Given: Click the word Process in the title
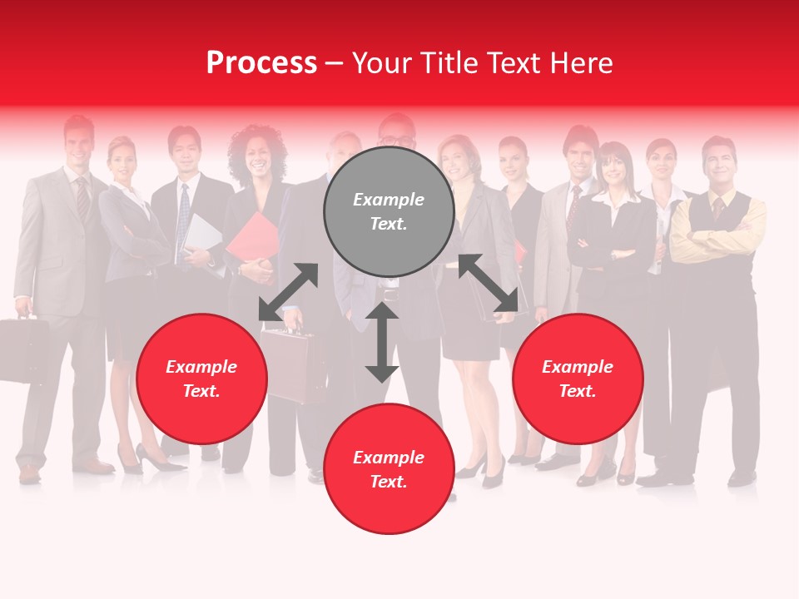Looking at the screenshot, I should pyautogui.click(x=261, y=63).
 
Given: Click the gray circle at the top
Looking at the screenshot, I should pyautogui.click(x=389, y=212).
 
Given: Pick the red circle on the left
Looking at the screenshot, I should pyautogui.click(x=201, y=379).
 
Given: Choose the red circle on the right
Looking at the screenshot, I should pyautogui.click(x=578, y=379).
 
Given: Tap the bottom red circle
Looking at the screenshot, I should pyautogui.click(x=389, y=469).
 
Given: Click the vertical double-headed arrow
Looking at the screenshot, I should pyautogui.click(x=382, y=342).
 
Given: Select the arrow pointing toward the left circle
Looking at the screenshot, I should pyautogui.click(x=288, y=291).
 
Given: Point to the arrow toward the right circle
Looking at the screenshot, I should pyautogui.click(x=489, y=283).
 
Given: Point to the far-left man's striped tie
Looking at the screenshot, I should pyautogui.click(x=82, y=200).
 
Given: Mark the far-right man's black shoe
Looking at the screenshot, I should pyautogui.click(x=741, y=478).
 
